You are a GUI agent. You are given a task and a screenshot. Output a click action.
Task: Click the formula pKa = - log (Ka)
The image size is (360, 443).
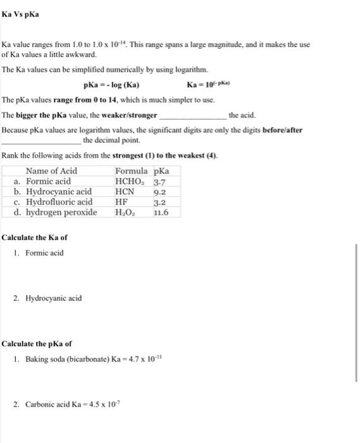pos(112,85)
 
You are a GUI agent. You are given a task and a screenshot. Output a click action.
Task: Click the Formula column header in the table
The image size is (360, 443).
pos(132,171)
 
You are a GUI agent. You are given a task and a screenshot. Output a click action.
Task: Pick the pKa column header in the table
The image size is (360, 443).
pos(162,171)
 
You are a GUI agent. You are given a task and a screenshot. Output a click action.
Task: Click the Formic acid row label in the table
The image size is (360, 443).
pos(48,181)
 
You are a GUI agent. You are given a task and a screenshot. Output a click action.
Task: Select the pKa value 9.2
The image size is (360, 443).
pos(160,192)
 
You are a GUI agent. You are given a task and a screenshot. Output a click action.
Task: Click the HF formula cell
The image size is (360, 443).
pos(122,202)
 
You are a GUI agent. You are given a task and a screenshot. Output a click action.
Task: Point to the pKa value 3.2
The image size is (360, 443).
pos(160,202)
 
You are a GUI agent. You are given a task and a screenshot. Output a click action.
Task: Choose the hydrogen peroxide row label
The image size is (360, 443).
pos(61,213)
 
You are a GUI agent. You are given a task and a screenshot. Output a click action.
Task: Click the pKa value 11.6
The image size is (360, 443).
pos(161,213)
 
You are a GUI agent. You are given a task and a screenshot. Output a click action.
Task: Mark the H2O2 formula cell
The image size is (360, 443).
pos(125,213)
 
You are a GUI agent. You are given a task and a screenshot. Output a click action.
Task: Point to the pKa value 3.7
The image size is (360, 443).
pos(160,181)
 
